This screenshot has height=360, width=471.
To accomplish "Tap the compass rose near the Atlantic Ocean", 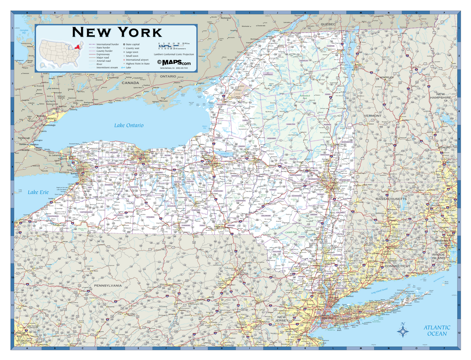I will click(403, 331).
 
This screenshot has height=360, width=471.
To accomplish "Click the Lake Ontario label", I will click(129, 125).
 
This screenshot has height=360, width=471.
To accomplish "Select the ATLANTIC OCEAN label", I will click(437, 331).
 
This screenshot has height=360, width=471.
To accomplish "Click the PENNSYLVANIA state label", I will click(108, 286).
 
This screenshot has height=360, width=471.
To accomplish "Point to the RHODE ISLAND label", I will click(438, 256).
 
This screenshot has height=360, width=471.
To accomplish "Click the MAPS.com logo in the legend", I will click(174, 62).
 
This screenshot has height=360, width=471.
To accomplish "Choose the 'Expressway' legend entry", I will click(104, 54).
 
